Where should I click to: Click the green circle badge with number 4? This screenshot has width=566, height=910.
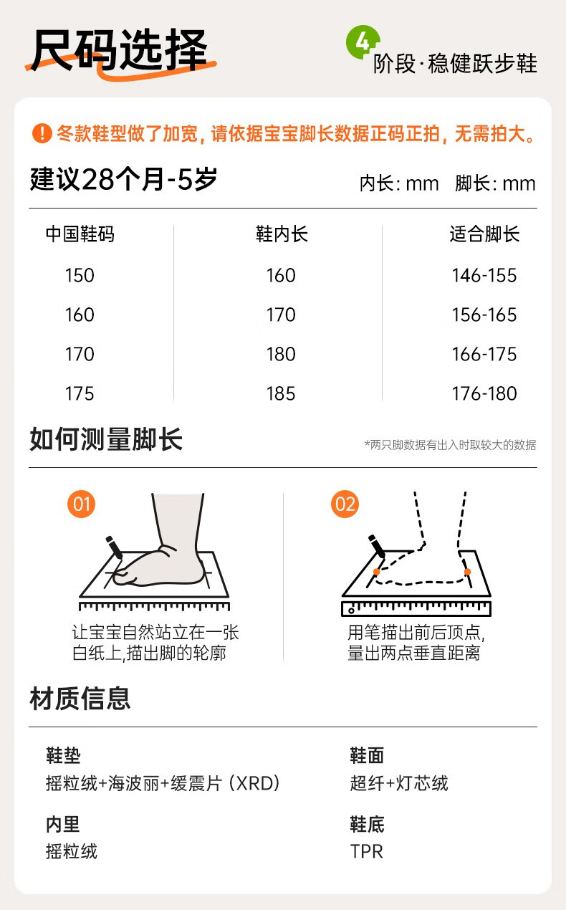[x=362, y=42]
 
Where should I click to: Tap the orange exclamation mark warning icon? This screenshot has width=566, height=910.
[x=42, y=133]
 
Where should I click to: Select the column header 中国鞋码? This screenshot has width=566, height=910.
[x=80, y=234]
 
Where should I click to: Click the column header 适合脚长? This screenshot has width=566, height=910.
[x=484, y=234]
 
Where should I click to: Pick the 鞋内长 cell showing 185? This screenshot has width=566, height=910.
[x=281, y=393]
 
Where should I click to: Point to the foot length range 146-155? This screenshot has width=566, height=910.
[x=484, y=275]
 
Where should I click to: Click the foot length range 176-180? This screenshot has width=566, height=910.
[x=484, y=393]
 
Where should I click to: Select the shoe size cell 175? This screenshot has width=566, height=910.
[x=80, y=393]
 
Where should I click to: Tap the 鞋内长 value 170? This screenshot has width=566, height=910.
[x=281, y=315]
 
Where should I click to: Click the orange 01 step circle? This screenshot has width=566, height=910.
[x=81, y=504]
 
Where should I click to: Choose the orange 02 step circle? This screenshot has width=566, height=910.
[x=345, y=504]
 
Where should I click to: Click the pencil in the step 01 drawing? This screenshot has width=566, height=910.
[x=114, y=547]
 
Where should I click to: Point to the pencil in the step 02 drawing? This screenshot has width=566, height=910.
[x=377, y=547]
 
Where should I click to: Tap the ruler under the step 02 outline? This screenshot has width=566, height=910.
[x=416, y=608]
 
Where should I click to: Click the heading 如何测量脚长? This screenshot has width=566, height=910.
[x=106, y=439]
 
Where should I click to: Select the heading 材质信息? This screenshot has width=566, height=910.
[x=80, y=699]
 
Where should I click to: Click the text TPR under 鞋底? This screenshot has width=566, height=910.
[x=367, y=851]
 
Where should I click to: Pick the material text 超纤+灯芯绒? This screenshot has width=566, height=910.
[x=399, y=783]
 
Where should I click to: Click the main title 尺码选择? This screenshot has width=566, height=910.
[x=120, y=51]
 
